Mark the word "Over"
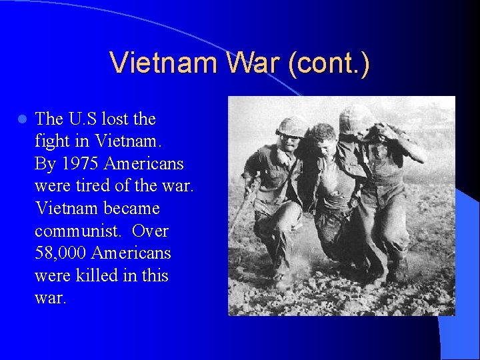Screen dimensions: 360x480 150,231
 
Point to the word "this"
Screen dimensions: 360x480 153,275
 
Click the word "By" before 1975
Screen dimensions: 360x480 45,164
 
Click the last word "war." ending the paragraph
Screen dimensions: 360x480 51,298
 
